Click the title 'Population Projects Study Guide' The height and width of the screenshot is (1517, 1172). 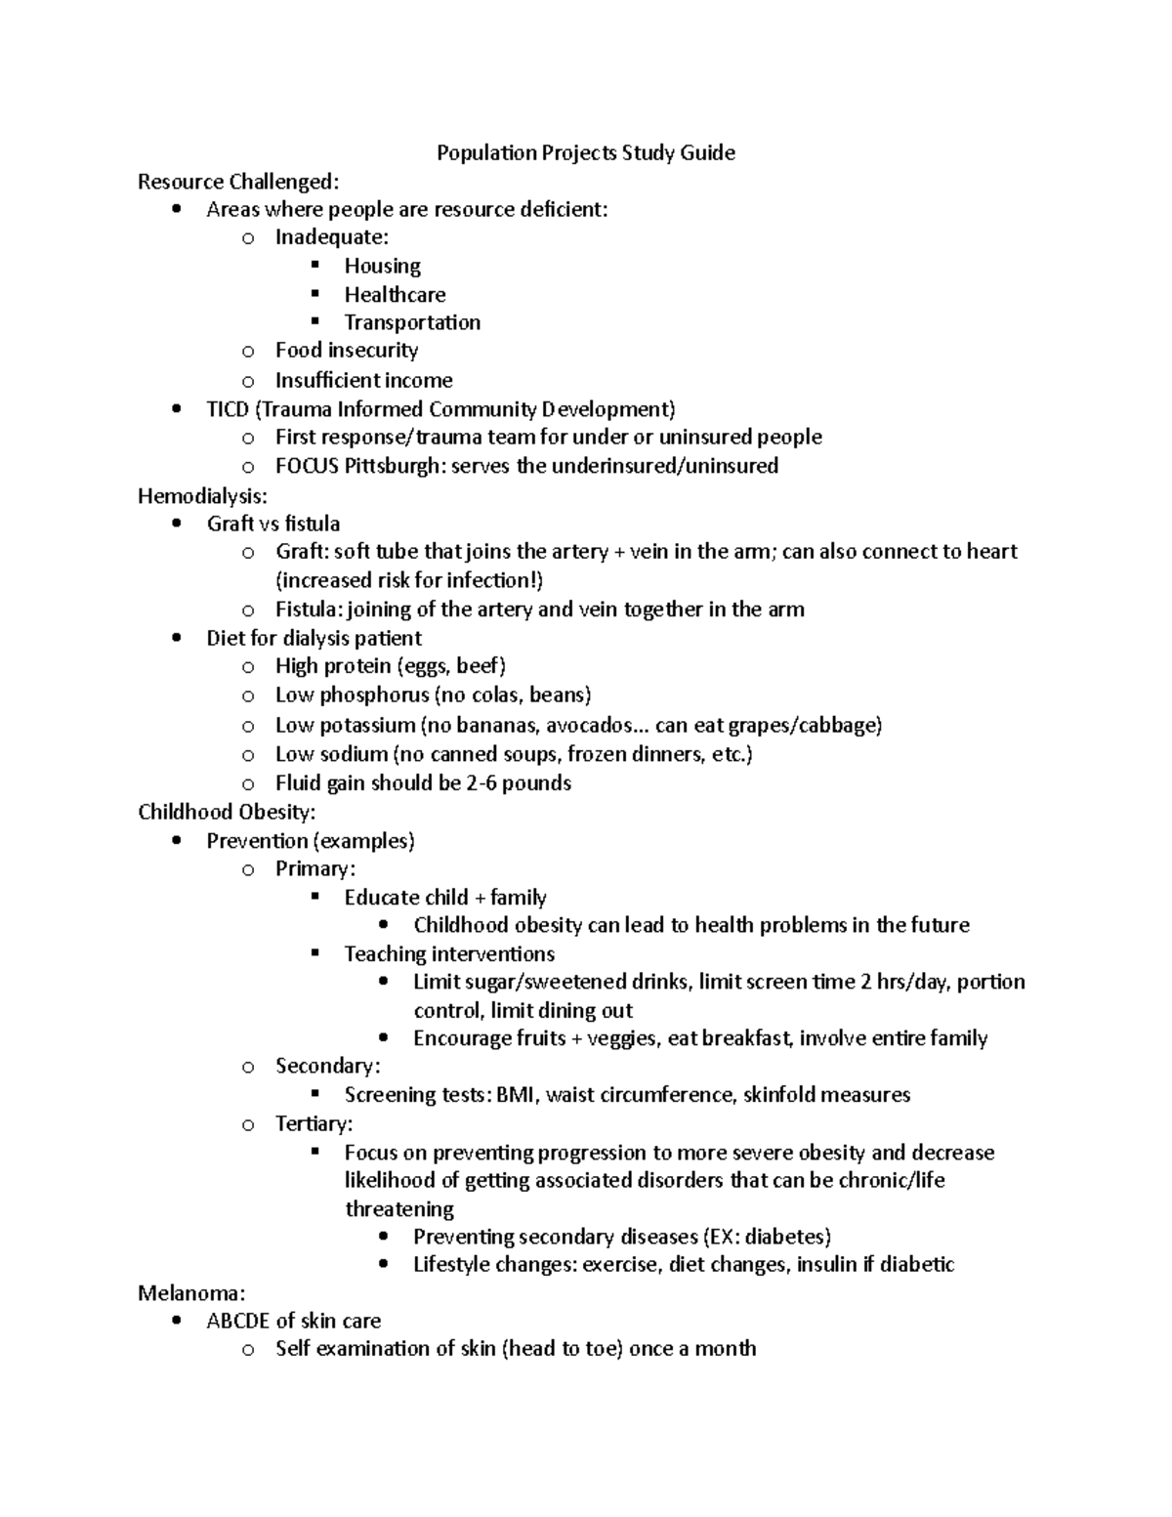pos(585,152)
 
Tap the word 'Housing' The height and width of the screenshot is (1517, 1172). pos(382,266)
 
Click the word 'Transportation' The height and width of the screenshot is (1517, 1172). pos(411,322)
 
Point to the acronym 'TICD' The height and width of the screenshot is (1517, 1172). pos(228,408)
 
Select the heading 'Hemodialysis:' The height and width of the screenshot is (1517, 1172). pos(202,495)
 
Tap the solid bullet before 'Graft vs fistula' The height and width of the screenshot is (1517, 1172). pos(176,524)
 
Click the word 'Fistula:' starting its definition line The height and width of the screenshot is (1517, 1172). pos(310,610)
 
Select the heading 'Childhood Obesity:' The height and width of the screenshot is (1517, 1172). pos(227,812)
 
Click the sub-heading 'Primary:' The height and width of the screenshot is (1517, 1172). pos(314,868)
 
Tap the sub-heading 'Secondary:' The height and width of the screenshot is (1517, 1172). pos(327,1066)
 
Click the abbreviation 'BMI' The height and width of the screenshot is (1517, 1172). pos(515,1095)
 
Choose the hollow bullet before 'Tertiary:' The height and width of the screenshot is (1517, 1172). pos(248,1124)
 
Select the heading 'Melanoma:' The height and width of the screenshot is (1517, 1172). pos(190,1293)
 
